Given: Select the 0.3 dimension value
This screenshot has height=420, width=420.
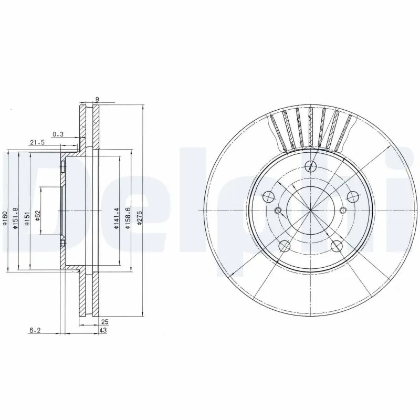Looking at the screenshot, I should pos(58,134).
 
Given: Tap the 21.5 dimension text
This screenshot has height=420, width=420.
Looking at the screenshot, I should pos(37,142).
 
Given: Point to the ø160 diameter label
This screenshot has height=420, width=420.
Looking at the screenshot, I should pos(5,218).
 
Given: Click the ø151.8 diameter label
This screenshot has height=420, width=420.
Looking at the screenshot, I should pos(16,217).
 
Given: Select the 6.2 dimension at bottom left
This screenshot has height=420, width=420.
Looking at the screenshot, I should pos(35,331).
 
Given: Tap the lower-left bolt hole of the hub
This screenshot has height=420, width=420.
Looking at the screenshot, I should pos(284,245).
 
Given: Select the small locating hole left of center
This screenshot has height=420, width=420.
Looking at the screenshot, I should pos(278,212).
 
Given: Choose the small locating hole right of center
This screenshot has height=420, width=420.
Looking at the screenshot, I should pos(343,211).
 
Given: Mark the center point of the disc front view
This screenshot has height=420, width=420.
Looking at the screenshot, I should pos(311,211).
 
